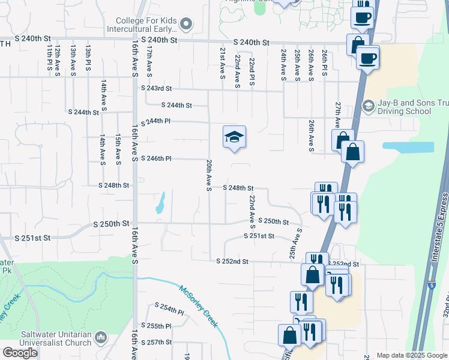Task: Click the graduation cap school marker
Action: [x=235, y=137]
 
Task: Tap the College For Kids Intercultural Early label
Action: [x=142, y=24]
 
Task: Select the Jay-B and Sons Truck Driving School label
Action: [x=406, y=107]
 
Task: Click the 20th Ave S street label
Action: [x=208, y=175]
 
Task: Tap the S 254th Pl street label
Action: [x=169, y=310]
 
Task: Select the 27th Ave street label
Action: [x=339, y=114]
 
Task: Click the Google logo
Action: [x=20, y=353]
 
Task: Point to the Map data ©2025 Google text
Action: [x=411, y=355]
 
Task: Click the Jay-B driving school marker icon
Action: [x=368, y=107]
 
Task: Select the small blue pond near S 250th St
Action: [x=160, y=204]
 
